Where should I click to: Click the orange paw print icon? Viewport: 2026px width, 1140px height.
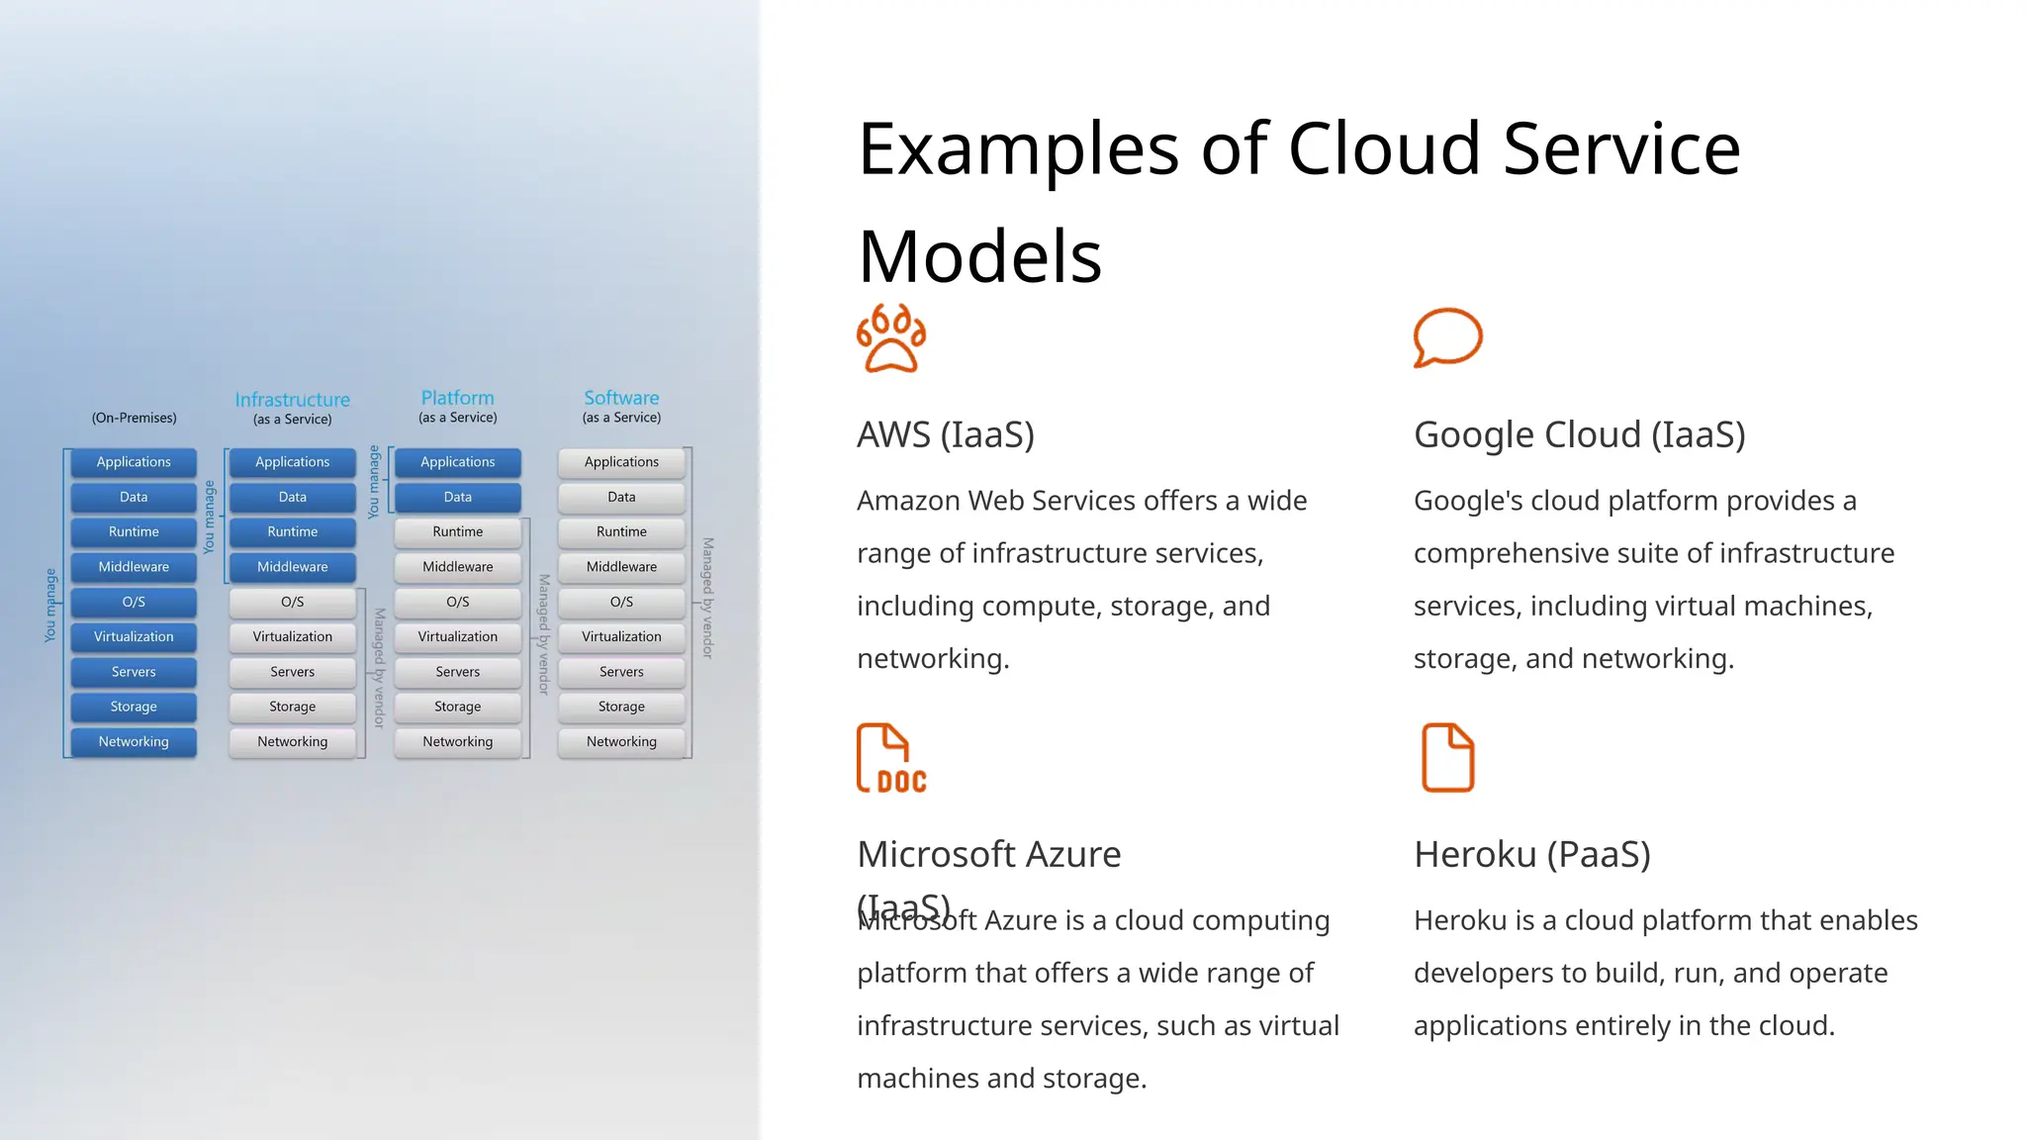891,338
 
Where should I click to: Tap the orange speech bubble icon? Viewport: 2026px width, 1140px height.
1447,337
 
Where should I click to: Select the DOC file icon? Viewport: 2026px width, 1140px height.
891,758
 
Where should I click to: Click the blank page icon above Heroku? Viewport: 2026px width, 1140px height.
1447,758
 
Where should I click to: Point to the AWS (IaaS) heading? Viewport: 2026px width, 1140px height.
945,434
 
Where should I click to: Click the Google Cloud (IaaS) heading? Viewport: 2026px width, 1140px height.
1579,434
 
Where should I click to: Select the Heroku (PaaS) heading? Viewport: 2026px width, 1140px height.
1531,854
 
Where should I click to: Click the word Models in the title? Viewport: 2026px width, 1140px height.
979,256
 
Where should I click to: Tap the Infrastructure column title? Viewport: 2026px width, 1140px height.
292,400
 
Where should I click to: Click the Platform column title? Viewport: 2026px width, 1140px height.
457,398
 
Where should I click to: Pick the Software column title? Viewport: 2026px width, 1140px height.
621,398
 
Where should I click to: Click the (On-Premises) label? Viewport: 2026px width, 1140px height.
134,418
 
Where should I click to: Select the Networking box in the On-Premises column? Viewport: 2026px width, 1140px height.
134,742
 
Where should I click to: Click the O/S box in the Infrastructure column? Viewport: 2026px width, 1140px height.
292,602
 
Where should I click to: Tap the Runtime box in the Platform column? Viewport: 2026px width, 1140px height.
457,532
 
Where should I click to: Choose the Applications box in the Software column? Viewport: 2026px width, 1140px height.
621,462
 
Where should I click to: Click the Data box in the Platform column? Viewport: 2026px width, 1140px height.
457,497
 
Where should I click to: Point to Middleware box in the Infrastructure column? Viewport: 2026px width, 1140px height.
292,567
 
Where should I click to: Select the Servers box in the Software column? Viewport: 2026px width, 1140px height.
621,672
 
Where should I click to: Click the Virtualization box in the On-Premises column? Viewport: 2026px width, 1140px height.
134,637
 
